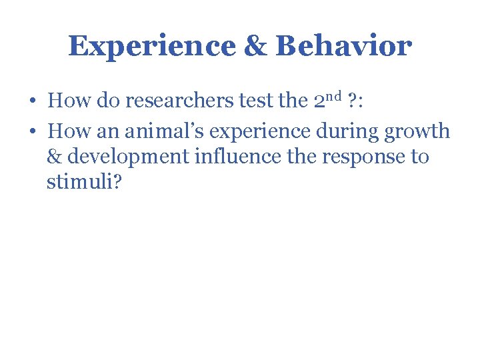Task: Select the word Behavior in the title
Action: [343, 47]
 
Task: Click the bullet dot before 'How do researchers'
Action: [32, 102]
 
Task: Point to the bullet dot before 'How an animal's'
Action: [32, 132]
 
